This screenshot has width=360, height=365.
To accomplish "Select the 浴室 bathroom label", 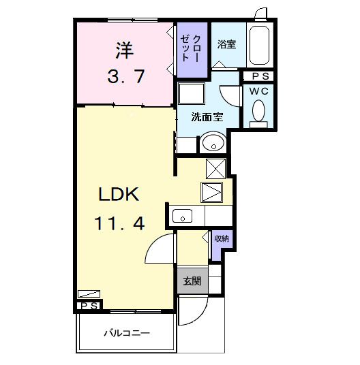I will click(x=226, y=45).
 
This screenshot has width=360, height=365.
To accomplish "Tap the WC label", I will click(x=259, y=90).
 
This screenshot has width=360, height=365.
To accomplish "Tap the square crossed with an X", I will click(x=215, y=168).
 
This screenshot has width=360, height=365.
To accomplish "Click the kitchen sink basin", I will click(x=183, y=216).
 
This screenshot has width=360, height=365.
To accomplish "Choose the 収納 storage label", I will click(x=222, y=238).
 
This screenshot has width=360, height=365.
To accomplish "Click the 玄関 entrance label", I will click(x=191, y=281).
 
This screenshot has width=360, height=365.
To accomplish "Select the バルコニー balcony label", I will click(x=127, y=334).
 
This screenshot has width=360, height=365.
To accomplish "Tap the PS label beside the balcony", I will click(x=89, y=306).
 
